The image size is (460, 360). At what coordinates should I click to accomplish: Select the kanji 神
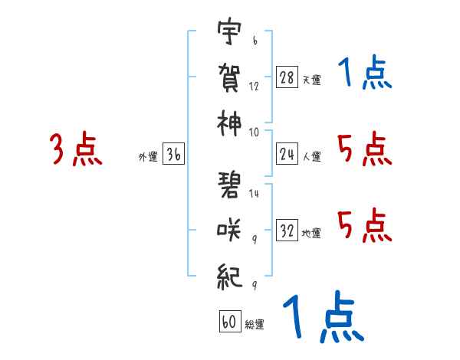coord(229,123)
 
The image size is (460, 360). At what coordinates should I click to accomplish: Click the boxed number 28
coord(287,77)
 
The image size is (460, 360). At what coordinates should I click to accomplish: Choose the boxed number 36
coord(173,155)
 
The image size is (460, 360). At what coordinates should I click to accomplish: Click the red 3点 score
coord(77,149)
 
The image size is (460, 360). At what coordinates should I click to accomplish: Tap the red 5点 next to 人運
coord(364,149)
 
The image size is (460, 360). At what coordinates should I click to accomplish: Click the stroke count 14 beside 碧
coord(255,194)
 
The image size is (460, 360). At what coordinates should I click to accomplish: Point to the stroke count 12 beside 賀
coord(255,87)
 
